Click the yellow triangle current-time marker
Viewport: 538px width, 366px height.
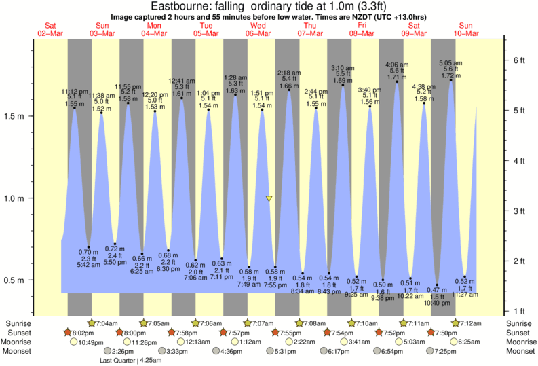[x=269, y=199]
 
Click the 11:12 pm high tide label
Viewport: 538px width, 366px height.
[x=74, y=90]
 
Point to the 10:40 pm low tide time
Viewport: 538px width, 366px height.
[x=438, y=303]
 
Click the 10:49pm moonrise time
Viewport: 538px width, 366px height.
[x=91, y=342]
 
